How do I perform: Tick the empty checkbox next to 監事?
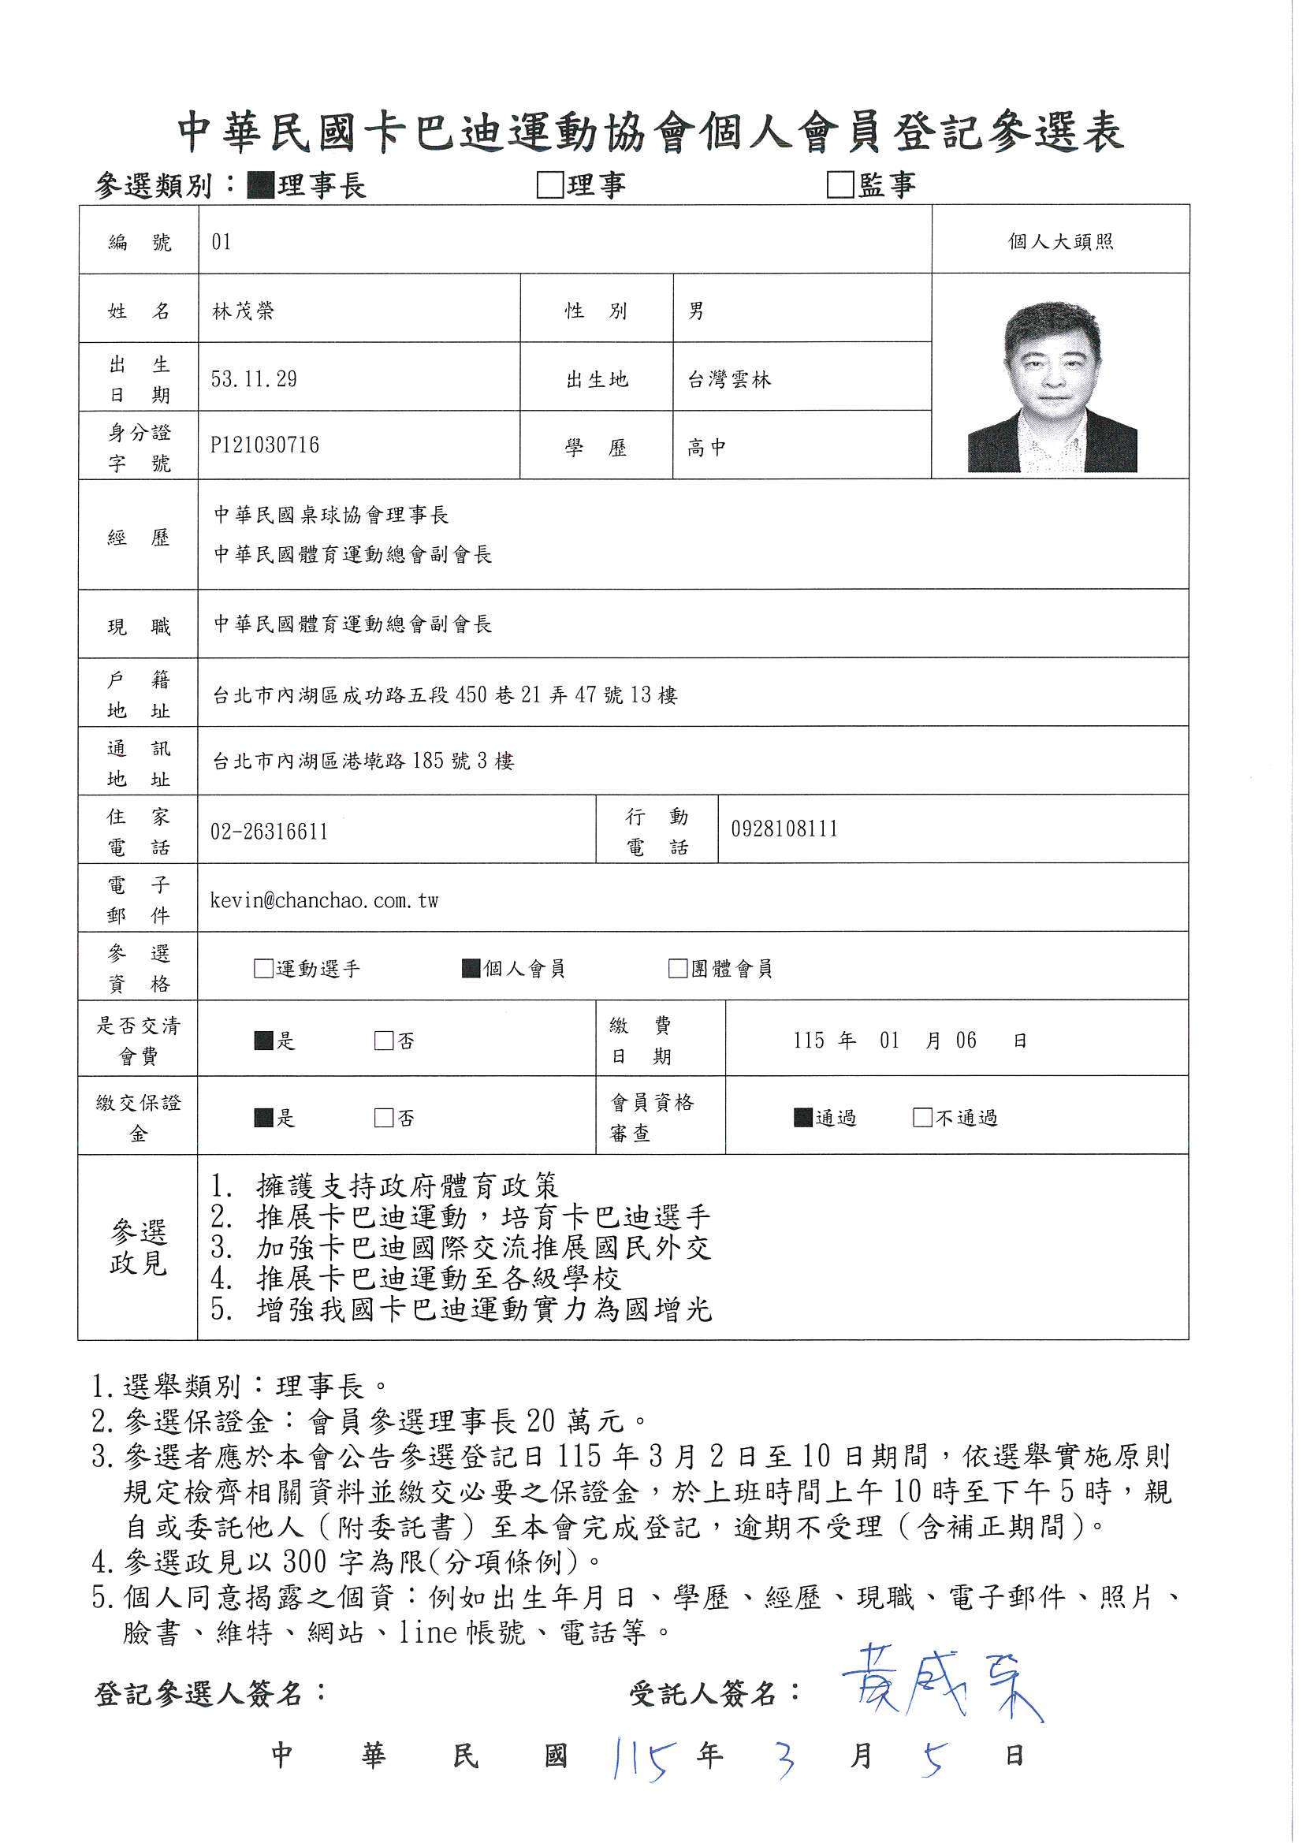click(839, 184)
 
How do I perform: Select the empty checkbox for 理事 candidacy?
click(550, 184)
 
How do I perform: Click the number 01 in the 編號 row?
click(222, 242)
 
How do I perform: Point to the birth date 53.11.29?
click(254, 379)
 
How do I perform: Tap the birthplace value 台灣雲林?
click(729, 380)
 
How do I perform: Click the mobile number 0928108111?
click(784, 829)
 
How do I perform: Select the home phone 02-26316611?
click(269, 832)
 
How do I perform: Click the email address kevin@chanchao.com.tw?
click(324, 901)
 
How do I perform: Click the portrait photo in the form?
click(1052, 386)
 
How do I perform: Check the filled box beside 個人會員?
click(471, 969)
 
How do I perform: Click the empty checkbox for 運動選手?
click(263, 969)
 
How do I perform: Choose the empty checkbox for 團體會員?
click(678, 969)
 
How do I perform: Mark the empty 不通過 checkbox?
click(922, 1117)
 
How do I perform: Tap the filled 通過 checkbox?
click(802, 1117)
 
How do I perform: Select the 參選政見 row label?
click(138, 1247)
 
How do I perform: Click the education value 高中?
click(706, 448)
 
